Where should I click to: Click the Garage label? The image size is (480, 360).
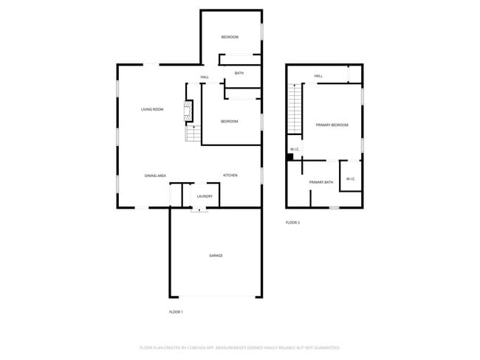[216, 255]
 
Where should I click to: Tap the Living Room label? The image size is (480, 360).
[152, 110]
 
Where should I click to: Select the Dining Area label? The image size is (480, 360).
[155, 176]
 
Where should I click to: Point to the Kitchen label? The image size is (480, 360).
[230, 175]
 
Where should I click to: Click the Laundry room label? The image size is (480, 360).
[205, 196]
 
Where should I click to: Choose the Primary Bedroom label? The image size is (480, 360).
[332, 125]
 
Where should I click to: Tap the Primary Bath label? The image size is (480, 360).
[321, 182]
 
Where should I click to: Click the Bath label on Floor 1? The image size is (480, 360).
[239, 73]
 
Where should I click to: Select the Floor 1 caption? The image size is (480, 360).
[176, 312]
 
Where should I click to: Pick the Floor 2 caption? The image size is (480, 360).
[293, 222]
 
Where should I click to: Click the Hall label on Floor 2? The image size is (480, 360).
[318, 76]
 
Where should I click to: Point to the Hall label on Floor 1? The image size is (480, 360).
[205, 77]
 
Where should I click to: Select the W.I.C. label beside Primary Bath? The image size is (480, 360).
[350, 179]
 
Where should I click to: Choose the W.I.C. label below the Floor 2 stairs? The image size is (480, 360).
[295, 150]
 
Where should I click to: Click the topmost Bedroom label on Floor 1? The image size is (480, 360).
[230, 37]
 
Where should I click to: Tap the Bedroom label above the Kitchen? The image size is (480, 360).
[229, 121]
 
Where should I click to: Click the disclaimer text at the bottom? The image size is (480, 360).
[240, 347]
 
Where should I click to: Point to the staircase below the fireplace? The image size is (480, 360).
[193, 134]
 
